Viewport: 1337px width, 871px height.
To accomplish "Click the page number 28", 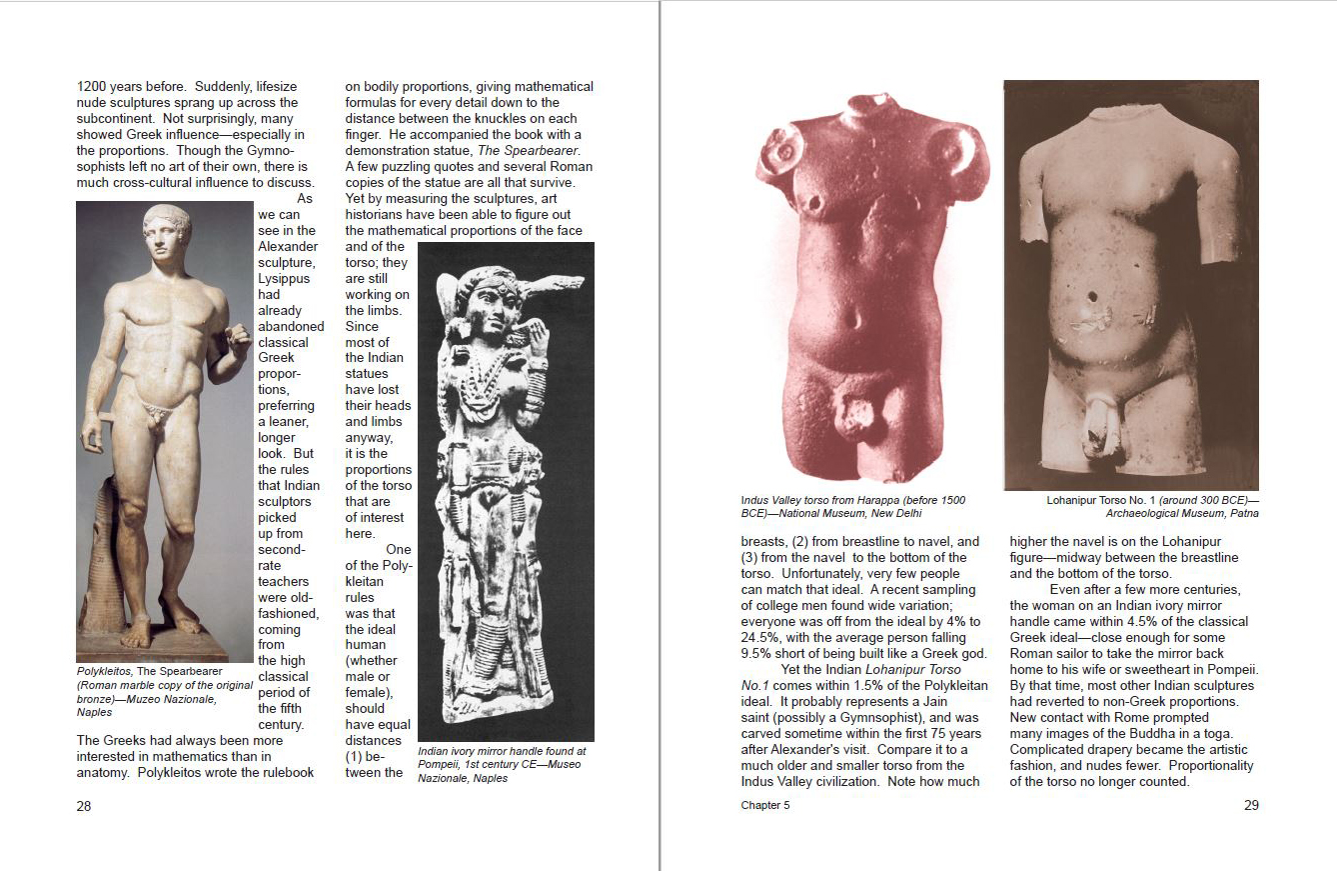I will [84, 806].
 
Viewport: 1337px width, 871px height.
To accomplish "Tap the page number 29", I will [1251, 806].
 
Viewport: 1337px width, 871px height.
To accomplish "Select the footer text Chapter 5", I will [765, 806].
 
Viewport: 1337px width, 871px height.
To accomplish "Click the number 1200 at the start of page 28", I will [93, 87].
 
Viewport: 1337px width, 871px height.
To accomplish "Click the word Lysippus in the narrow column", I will [285, 279].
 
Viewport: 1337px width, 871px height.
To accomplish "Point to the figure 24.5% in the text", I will [762, 638].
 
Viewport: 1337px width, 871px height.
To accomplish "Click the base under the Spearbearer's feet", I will [165, 649].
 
